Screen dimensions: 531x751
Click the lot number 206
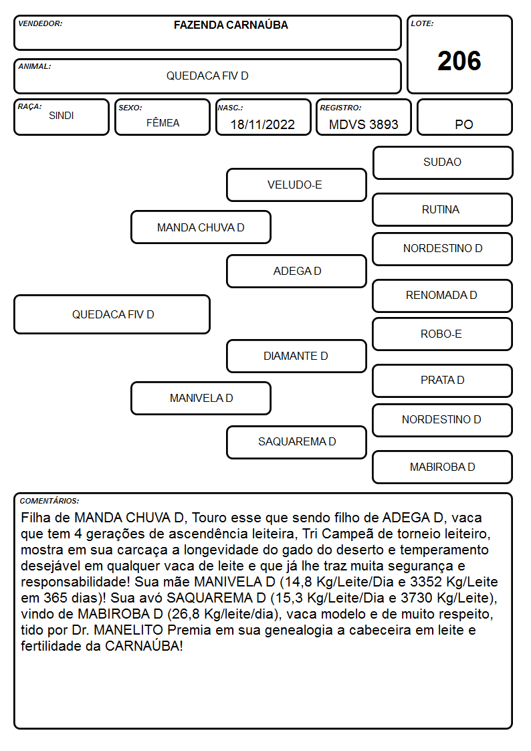459,62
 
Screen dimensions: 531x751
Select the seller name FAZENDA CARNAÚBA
231,25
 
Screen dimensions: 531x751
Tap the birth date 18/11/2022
262,124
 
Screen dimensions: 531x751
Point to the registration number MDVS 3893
363,124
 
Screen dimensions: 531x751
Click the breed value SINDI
62,116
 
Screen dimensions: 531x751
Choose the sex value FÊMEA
163,122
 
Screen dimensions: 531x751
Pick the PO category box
464,117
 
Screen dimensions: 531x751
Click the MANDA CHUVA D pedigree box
201,227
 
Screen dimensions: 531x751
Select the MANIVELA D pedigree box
201,398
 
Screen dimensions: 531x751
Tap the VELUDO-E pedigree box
296,185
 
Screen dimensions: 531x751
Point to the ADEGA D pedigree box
296,271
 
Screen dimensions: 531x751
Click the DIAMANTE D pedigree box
296,356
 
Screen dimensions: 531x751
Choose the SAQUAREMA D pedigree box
296,442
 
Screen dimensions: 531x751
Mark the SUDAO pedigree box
443,163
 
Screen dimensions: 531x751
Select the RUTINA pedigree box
443,209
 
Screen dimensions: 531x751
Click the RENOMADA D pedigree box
443,296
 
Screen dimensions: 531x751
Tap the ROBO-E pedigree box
443,334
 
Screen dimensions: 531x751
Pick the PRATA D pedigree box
443,381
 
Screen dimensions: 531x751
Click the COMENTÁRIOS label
49,501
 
